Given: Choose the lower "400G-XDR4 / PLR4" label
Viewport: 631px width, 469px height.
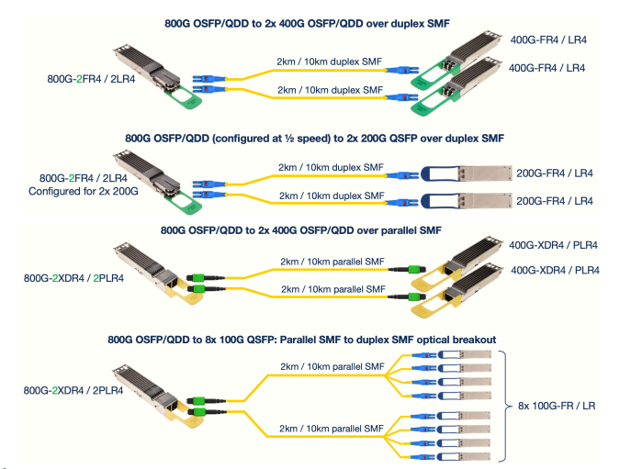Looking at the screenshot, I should pyautogui.click(x=555, y=270).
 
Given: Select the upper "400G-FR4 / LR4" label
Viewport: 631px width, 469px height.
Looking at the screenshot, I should pyautogui.click(x=549, y=40).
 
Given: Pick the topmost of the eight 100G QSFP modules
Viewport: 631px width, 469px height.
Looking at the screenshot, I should pyautogui.click(x=460, y=355).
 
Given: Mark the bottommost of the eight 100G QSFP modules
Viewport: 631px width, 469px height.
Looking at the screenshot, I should pyautogui.click(x=460, y=456).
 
